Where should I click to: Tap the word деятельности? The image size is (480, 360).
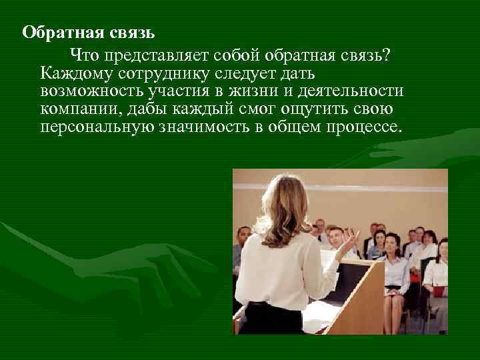[359, 90]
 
